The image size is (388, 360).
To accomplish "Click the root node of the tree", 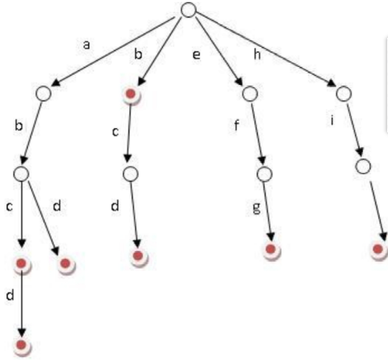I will [x=188, y=10].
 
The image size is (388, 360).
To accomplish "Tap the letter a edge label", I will [x=86, y=46].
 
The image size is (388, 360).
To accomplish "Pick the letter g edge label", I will [x=256, y=208].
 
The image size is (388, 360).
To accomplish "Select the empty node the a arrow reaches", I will [x=42, y=93].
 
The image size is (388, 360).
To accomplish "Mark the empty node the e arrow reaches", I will [x=250, y=93].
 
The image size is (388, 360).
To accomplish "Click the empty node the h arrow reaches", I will [x=344, y=93].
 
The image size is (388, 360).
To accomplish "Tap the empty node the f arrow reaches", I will [x=264, y=174].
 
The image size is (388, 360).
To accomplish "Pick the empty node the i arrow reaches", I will [x=363, y=166].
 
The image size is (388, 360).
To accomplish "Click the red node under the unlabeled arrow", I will [x=379, y=249].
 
